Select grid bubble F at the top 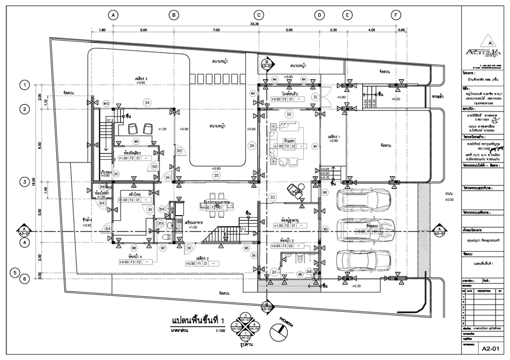click(x=396, y=15)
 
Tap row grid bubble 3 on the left click(x=23, y=182)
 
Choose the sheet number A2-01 click(x=489, y=349)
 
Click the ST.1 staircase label click(x=242, y=229)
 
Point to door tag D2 click(x=289, y=114)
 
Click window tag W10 click(x=106, y=104)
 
